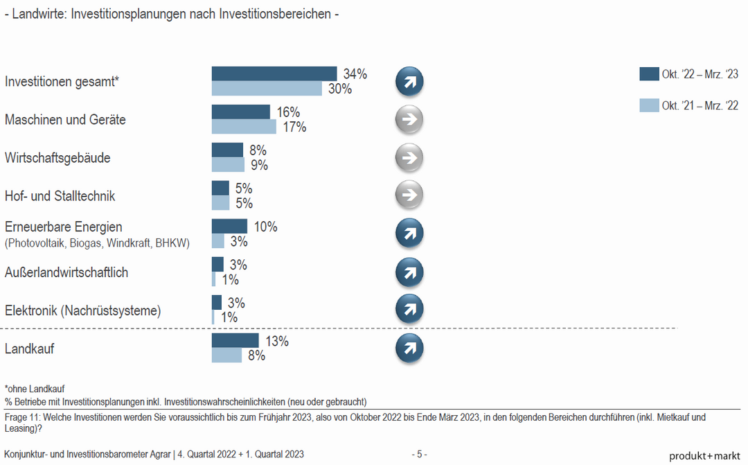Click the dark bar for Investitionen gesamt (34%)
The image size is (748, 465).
274,74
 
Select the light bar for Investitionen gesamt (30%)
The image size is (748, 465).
267,89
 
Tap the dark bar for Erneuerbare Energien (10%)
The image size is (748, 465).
229,227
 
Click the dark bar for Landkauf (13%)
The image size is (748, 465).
235,341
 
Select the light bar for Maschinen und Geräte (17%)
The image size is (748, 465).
244,127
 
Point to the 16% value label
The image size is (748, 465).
288,112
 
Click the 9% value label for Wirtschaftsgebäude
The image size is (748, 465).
258,165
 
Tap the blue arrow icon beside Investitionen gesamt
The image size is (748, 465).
409,82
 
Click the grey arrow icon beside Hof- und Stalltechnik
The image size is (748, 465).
409,195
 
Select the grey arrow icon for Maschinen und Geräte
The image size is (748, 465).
409,120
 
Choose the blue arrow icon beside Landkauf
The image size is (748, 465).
409,349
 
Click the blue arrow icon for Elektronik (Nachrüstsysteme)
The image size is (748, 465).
409,310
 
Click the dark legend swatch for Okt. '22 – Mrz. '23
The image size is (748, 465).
648,74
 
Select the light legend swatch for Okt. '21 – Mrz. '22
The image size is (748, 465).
648,105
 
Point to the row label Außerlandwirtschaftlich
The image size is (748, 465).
66,272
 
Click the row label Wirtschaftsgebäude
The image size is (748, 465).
57,158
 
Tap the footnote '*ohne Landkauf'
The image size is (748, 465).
35,389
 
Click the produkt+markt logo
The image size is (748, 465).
704,455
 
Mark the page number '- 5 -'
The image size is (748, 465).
420,455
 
